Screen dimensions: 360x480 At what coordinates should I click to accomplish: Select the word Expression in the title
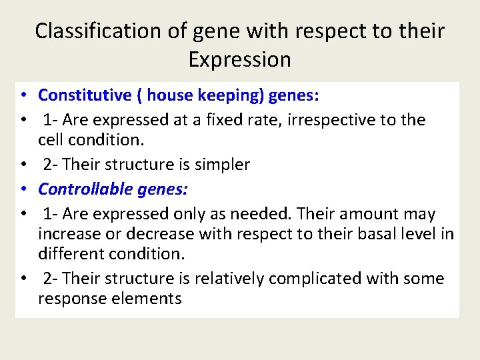pyautogui.click(x=239, y=59)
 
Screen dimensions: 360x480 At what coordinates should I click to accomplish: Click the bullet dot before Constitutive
pyautogui.click(x=23, y=95)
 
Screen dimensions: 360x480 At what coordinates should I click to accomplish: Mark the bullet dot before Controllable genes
pyautogui.click(x=23, y=189)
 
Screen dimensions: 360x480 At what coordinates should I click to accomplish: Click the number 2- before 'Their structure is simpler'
pyautogui.click(x=50, y=165)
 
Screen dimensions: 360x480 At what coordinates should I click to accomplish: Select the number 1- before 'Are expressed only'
pyautogui.click(x=50, y=214)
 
